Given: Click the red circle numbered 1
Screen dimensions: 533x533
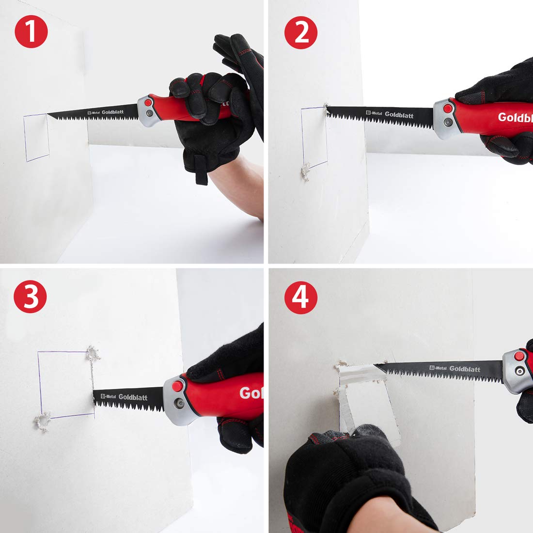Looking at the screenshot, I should click(x=31, y=31).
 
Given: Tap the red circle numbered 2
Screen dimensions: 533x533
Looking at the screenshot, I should click(x=300, y=32).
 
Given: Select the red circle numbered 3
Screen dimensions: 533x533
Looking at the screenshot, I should click(x=30, y=297).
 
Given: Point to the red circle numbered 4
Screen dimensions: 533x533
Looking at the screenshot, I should click(x=300, y=297).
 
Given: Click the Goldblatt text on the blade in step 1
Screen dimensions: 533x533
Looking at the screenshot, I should click(x=112, y=112).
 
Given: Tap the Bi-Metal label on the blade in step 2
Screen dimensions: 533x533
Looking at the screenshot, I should click(x=374, y=113).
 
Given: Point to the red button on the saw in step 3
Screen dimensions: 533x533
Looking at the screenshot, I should click(x=177, y=386).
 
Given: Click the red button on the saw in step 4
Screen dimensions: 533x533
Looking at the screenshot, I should click(x=519, y=357).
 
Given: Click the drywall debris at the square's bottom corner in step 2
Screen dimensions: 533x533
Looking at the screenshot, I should click(x=305, y=171).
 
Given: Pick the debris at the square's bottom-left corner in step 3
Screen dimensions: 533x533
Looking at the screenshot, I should click(x=42, y=422).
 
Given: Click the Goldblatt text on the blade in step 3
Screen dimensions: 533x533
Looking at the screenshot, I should click(x=133, y=397).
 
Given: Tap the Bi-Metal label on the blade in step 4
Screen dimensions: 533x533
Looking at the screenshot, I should click(x=438, y=368).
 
